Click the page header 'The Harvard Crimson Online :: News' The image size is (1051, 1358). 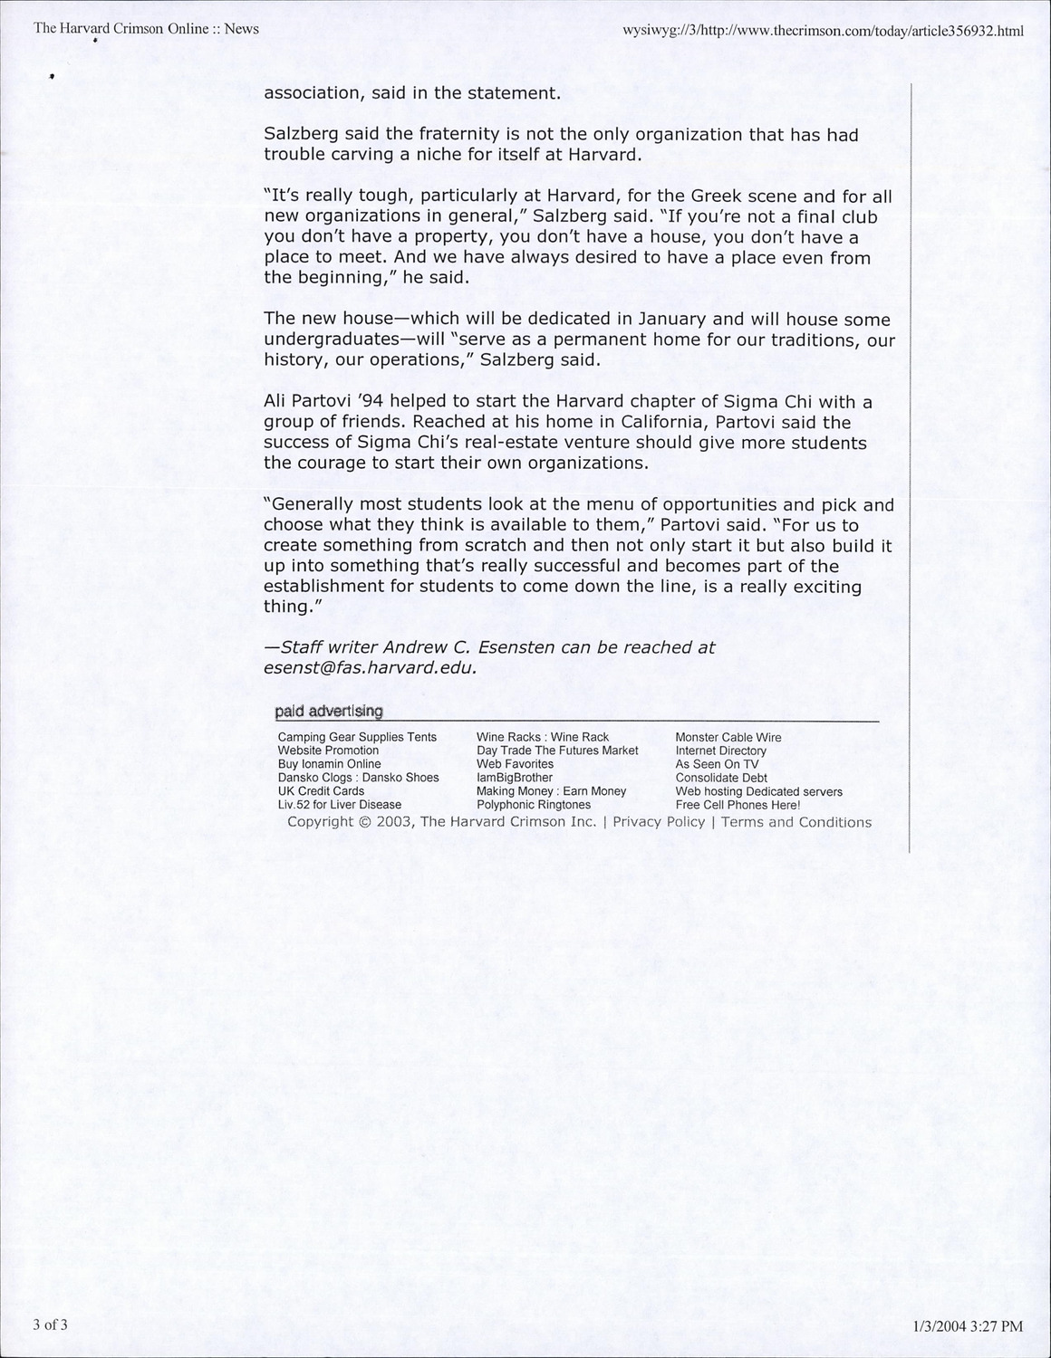point(146,28)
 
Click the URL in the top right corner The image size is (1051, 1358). point(823,30)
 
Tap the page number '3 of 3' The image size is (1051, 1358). point(51,1325)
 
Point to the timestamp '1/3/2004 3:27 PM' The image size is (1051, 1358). point(967,1326)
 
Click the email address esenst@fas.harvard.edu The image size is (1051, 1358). point(370,668)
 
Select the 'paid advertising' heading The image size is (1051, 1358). point(329,712)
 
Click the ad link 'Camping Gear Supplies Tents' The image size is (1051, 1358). point(357,737)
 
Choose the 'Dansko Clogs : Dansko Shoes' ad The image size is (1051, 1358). point(358,778)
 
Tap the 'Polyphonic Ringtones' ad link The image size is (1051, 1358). point(533,805)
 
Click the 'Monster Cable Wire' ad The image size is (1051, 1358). point(728,737)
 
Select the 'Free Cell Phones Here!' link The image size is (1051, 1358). point(738,805)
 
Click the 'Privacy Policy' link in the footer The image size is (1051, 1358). point(659,822)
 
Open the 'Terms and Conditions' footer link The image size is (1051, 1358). point(795,822)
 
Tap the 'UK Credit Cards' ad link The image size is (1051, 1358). point(321,791)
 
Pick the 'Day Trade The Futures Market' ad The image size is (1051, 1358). point(557,751)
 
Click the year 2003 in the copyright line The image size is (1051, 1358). point(394,822)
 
